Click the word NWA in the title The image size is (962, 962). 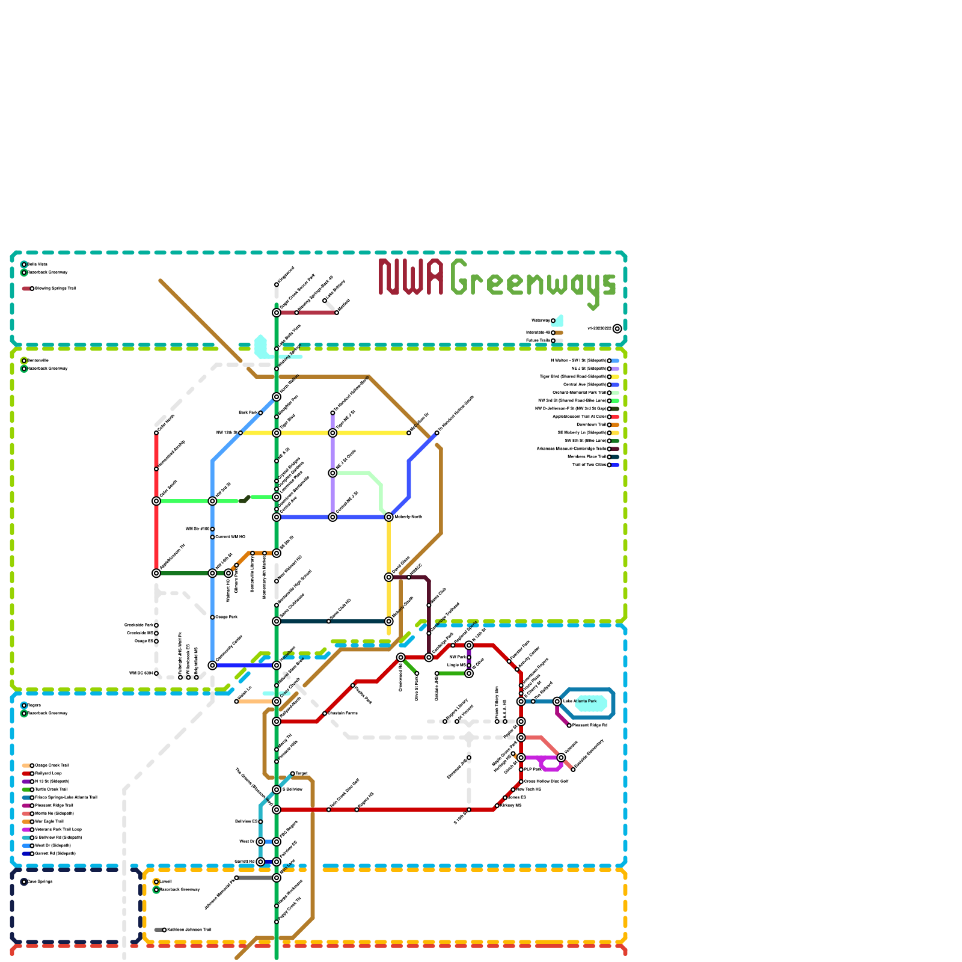(x=411, y=277)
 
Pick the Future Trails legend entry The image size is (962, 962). (x=538, y=341)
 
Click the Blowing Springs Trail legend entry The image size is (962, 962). (x=54, y=289)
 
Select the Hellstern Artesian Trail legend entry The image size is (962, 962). (x=189, y=930)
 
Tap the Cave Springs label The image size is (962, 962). (x=40, y=882)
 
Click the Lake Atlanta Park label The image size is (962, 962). (x=580, y=702)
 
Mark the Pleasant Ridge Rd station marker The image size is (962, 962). (x=569, y=726)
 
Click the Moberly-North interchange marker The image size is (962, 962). (x=389, y=517)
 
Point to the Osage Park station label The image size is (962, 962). (x=227, y=617)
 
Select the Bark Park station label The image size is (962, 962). (x=248, y=413)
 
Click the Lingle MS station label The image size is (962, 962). (x=456, y=666)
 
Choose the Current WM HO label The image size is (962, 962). (x=230, y=537)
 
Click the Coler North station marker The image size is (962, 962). (x=156, y=433)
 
